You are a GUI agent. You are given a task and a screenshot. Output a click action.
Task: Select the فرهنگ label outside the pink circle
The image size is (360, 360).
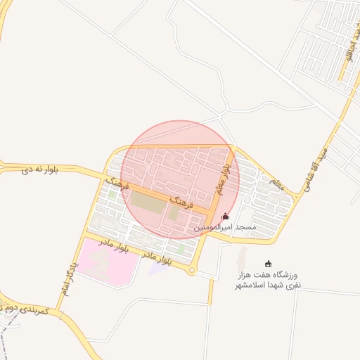click(x=115, y=184)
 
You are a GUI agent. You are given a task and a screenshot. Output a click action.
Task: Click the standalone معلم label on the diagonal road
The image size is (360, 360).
click(x=276, y=184)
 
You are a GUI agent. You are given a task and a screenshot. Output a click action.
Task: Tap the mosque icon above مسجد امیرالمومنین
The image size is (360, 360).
click(x=225, y=217)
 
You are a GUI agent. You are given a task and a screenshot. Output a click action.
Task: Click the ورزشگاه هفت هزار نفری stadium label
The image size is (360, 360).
click(x=268, y=281)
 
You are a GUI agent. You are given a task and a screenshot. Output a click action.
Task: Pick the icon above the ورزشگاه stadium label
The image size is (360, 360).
click(x=268, y=264)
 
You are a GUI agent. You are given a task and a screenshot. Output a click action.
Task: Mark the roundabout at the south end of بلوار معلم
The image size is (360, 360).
click(x=192, y=270)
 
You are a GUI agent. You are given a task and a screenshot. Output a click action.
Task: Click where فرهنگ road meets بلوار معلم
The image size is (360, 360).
click(x=210, y=212)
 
